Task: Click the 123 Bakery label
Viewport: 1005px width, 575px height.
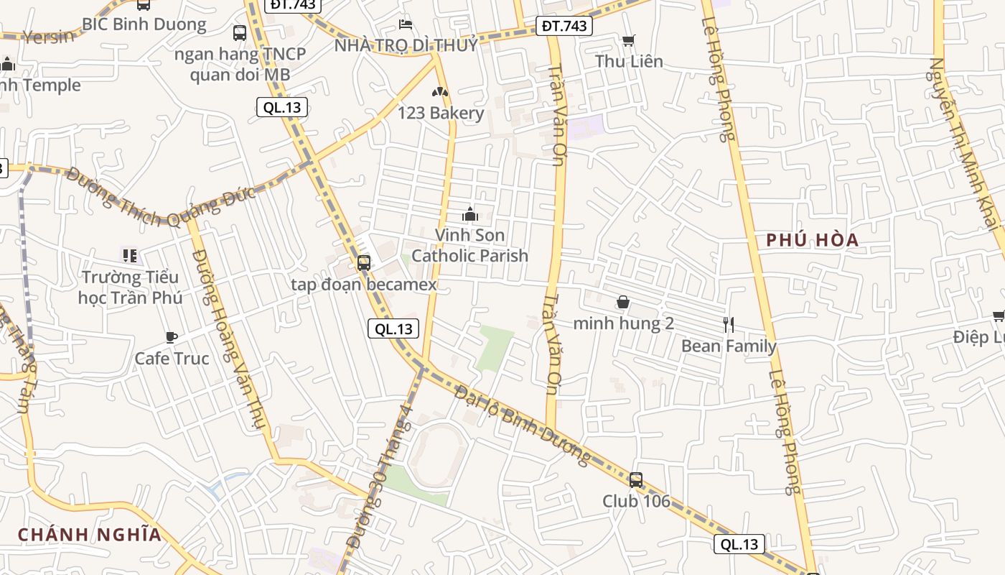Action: pyautogui.click(x=441, y=113)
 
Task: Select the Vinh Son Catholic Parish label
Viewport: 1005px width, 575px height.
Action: pyautogui.click(x=470, y=245)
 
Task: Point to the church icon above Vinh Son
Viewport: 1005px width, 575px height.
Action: pyautogui.click(x=470, y=214)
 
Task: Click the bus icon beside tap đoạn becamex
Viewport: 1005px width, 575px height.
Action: pyautogui.click(x=364, y=263)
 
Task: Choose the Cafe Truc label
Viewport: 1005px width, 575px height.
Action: pyautogui.click(x=172, y=359)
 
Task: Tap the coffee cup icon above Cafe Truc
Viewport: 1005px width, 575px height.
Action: pyautogui.click(x=172, y=336)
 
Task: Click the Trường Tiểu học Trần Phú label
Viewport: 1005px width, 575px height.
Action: pyautogui.click(x=130, y=287)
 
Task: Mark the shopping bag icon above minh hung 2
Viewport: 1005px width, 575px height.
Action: pyautogui.click(x=623, y=303)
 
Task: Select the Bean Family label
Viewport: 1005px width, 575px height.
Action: pyautogui.click(x=729, y=346)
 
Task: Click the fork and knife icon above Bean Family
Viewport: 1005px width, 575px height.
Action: pyautogui.click(x=729, y=325)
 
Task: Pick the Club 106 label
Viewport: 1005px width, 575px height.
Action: pyautogui.click(x=636, y=501)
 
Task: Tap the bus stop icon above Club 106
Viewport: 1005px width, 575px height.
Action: pyautogui.click(x=636, y=479)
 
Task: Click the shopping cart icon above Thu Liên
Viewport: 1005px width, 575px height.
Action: pyautogui.click(x=629, y=41)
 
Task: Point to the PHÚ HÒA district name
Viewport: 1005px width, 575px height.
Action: pyautogui.click(x=813, y=240)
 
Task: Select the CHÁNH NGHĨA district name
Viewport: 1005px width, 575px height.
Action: pyautogui.click(x=90, y=535)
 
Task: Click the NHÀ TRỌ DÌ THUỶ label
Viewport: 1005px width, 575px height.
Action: pyautogui.click(x=406, y=45)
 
